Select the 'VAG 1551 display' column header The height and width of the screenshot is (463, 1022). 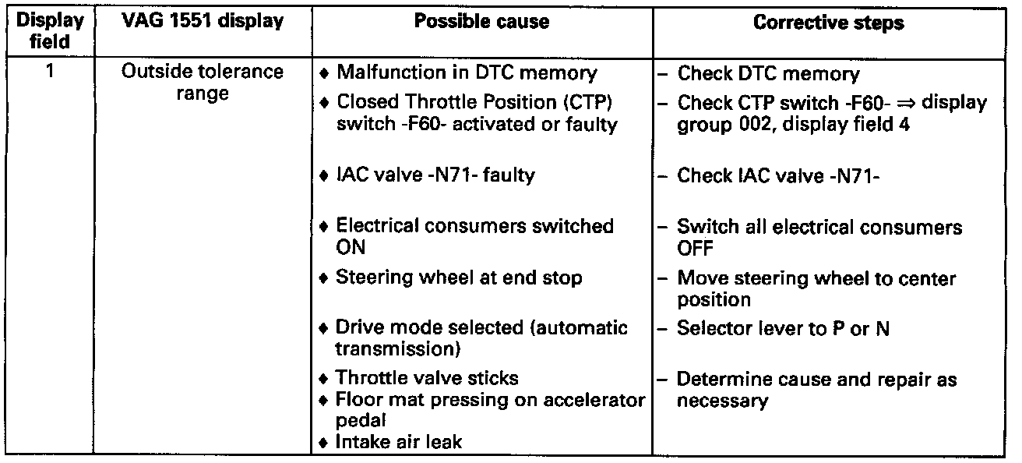pyautogui.click(x=203, y=22)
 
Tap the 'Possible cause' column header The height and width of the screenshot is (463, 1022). pyautogui.click(x=481, y=22)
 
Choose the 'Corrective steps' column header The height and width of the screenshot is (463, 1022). pyautogui.click(x=829, y=23)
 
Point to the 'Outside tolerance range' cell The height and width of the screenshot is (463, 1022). pyautogui.click(x=203, y=83)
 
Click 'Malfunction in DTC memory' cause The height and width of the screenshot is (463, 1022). pyautogui.click(x=466, y=73)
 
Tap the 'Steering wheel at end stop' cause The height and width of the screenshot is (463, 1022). pyautogui.click(x=458, y=277)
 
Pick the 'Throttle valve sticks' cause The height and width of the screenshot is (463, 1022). pyautogui.click(x=426, y=378)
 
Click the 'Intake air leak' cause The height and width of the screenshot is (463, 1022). pyautogui.click(x=398, y=442)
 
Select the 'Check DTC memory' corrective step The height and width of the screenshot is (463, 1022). pyautogui.click(x=768, y=75)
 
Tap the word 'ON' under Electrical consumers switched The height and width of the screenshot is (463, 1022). pyautogui.click(x=351, y=248)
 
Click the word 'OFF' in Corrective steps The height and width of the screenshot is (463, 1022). pyautogui.click(x=696, y=249)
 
